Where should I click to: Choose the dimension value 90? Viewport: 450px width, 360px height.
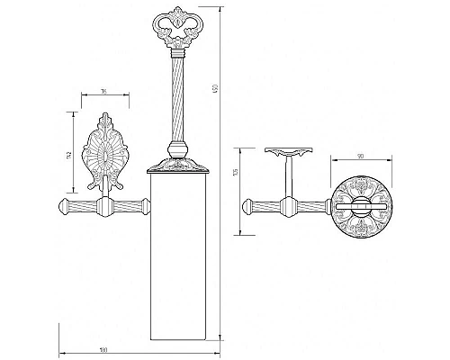359,157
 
